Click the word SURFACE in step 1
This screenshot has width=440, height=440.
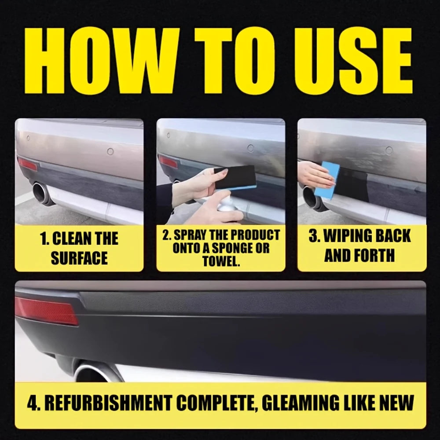[x=79, y=258]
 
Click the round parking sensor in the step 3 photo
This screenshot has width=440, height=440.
[x=389, y=150]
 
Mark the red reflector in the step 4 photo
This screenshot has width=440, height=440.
[x=46, y=311]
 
